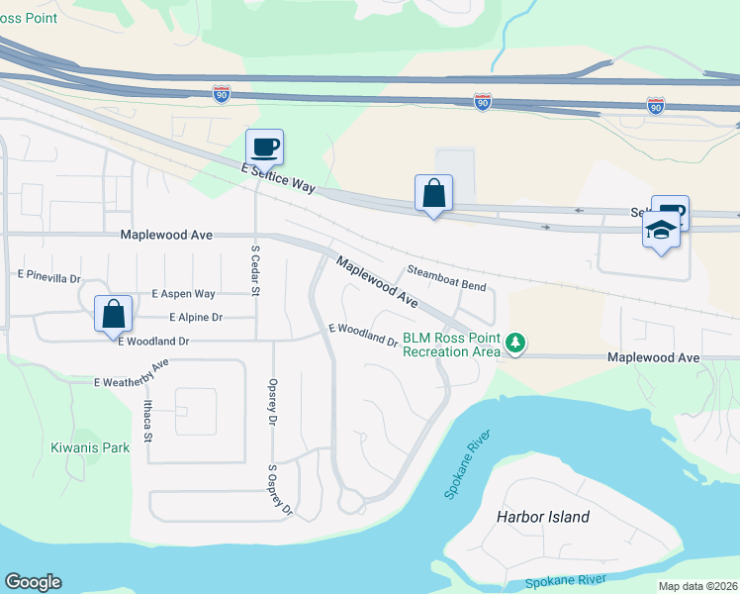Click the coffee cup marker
264,148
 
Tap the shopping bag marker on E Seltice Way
434,194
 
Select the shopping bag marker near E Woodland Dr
114,314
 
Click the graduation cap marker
661,232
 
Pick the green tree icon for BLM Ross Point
514,344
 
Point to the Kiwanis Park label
90,447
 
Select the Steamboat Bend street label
446,278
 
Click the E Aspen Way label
183,294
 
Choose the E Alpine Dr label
196,318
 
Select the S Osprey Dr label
281,490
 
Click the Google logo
33,582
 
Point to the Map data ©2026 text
697,586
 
